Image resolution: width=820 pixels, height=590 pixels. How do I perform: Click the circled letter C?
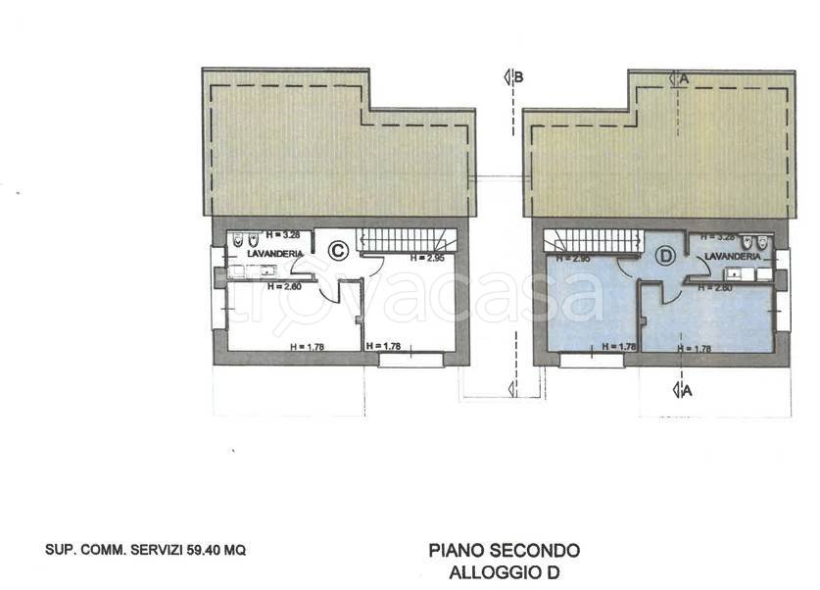pos(336,251)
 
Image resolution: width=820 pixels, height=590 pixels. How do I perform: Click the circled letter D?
pos(666,257)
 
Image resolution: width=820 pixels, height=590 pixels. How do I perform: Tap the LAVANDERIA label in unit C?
pos(268,254)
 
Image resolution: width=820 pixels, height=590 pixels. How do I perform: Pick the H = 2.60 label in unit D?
pos(712,289)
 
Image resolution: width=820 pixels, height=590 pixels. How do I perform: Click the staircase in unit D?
pos(593,237)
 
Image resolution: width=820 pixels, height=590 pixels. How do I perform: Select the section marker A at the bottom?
pos(682,391)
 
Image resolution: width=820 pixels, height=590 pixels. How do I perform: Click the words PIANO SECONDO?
pos(505,551)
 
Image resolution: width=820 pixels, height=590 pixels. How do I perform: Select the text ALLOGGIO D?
pos(505,572)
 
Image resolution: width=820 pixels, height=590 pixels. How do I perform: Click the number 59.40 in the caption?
pos(196,551)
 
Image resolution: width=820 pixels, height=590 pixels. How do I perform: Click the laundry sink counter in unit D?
pos(745,273)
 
